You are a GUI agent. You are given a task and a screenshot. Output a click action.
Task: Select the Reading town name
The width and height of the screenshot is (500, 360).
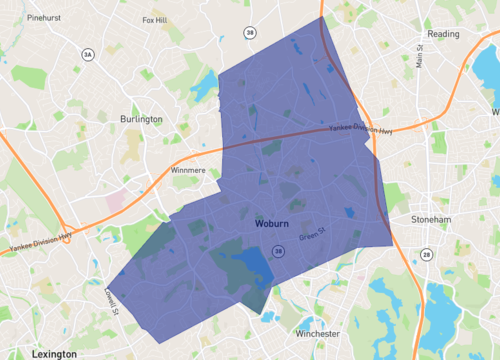pos(442,33)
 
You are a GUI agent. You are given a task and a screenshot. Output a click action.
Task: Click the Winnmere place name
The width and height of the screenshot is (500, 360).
pos(188,170)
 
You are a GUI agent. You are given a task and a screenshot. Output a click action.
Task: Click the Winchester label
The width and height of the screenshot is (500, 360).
pos(318,333)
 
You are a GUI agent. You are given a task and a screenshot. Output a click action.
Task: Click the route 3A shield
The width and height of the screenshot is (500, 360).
pos(88,55)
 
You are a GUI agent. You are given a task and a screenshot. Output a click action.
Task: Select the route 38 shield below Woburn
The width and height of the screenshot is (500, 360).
pos(278,250)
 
